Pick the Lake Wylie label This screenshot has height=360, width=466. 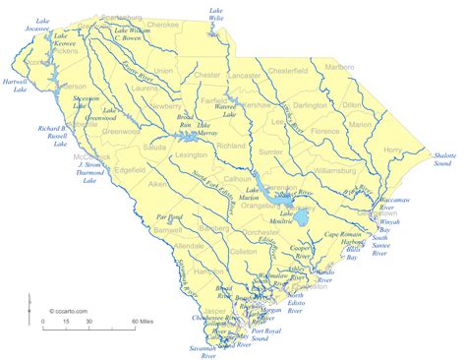click(x=215, y=16)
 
